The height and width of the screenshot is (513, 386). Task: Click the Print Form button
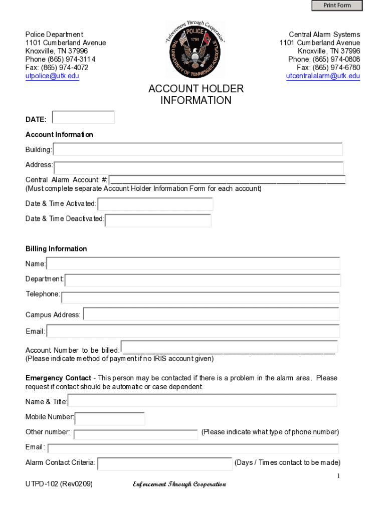337,6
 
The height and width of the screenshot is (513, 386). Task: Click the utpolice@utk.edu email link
52,76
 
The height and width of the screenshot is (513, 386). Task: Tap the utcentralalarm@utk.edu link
323,76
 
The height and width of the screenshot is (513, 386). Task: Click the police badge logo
196,50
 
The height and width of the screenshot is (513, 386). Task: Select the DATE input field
84,117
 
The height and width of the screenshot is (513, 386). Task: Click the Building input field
198,149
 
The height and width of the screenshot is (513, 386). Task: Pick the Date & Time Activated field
155,204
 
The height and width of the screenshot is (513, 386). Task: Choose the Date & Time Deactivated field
158,220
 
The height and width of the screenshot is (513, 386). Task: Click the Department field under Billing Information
203,280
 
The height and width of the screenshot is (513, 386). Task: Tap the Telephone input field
200,297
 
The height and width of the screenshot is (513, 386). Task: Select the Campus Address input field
211,314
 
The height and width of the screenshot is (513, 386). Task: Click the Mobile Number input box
110,418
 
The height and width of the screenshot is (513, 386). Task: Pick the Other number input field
136,434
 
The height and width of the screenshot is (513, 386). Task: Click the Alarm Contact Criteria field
165,463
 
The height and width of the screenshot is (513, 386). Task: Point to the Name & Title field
203,400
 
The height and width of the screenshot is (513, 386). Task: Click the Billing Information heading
56,249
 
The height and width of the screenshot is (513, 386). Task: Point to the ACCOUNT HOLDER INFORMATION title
196,95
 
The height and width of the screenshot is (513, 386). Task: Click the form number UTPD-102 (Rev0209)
59,484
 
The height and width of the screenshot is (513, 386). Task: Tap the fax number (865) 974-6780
339,68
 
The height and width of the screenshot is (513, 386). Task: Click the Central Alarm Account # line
227,180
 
